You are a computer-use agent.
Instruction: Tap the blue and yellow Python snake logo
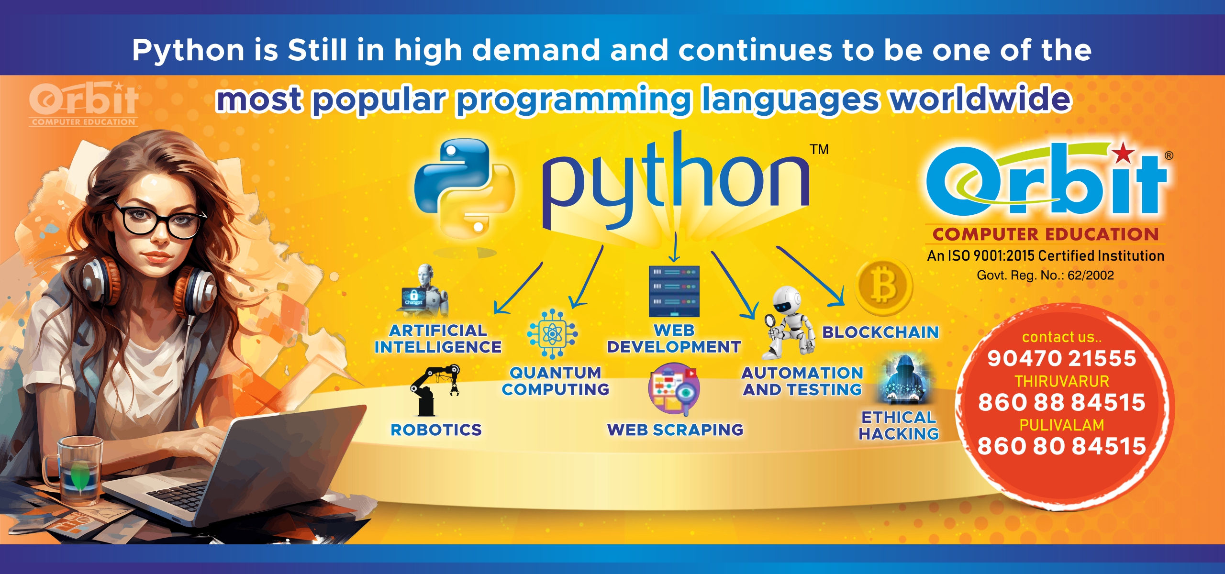click(463, 188)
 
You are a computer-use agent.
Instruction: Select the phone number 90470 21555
click(1061, 358)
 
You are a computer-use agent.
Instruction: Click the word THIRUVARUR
click(1062, 381)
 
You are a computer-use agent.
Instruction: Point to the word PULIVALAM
click(1062, 425)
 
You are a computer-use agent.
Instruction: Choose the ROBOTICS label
click(436, 430)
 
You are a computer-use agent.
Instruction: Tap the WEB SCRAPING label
click(675, 430)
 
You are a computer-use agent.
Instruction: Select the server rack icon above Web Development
click(674, 291)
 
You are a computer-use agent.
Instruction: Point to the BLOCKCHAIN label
click(880, 332)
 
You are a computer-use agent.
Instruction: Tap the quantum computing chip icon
click(552, 334)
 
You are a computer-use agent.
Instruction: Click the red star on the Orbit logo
click(1123, 154)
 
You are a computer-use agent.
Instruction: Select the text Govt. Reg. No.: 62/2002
click(1045, 275)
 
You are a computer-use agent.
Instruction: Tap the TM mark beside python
click(819, 149)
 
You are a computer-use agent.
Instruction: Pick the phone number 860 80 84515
click(1061, 446)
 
